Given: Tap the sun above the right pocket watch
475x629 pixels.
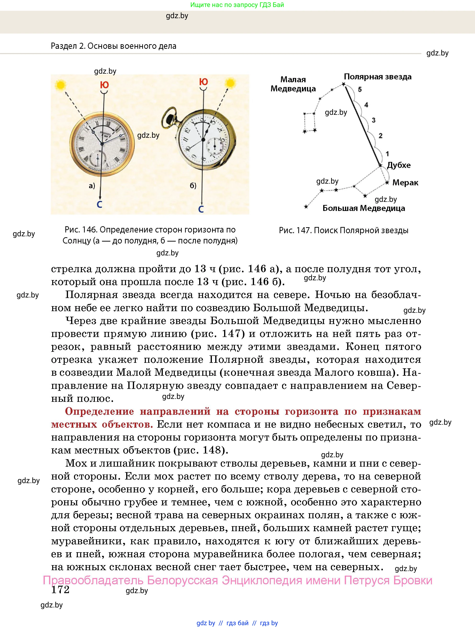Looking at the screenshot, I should (x=230, y=83).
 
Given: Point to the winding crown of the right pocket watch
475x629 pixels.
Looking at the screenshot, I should (x=170, y=116).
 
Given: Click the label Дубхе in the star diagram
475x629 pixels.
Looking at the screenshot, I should (x=398, y=165).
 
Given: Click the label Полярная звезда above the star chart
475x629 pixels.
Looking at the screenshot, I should (x=377, y=77).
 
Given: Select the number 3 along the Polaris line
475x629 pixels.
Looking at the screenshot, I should (x=373, y=120).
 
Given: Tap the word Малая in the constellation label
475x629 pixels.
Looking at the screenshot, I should (x=293, y=80).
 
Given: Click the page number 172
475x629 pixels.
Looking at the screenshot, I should (x=60, y=590).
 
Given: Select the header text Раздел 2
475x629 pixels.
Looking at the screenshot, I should (x=68, y=46).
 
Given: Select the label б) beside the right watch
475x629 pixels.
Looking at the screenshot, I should (x=193, y=186).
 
